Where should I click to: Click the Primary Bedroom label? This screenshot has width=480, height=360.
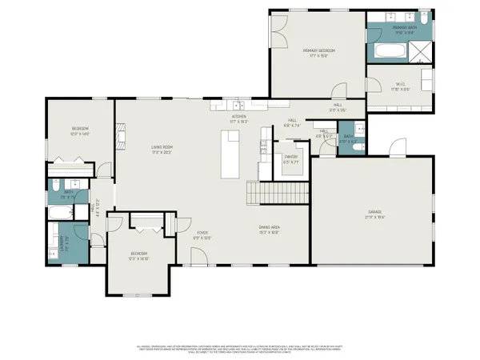click(318, 54)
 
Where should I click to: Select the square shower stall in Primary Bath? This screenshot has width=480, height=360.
click(422, 51)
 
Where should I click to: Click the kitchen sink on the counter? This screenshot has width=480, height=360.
click(238, 105)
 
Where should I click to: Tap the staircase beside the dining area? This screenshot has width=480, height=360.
click(277, 193)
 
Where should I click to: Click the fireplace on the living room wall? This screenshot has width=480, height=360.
click(121, 136)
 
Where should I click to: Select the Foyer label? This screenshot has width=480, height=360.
click(202, 235)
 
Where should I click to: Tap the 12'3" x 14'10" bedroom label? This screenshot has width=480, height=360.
click(139, 256)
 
